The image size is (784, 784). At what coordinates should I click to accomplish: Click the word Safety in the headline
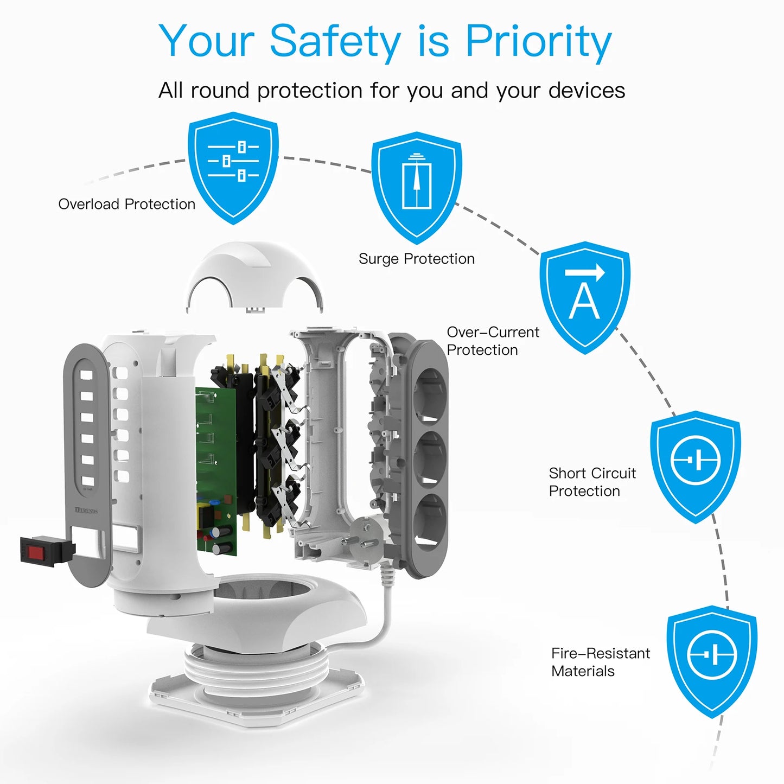(335, 41)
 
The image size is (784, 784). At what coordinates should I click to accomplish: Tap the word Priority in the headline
(538, 42)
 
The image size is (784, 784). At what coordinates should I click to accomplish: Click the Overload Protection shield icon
(233, 165)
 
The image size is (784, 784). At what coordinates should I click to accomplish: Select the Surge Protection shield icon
(416, 184)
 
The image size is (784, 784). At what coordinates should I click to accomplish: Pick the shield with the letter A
(584, 296)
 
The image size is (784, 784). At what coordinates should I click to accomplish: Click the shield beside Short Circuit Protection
(696, 464)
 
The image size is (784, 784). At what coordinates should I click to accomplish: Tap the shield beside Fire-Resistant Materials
(711, 659)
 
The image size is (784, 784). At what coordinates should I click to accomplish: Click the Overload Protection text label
(126, 205)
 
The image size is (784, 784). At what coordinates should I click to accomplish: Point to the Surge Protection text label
(416, 259)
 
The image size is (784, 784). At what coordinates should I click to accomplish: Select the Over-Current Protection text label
(492, 341)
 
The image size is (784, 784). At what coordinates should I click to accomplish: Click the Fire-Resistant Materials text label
(600, 662)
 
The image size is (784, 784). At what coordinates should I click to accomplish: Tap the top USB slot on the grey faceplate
(87, 374)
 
